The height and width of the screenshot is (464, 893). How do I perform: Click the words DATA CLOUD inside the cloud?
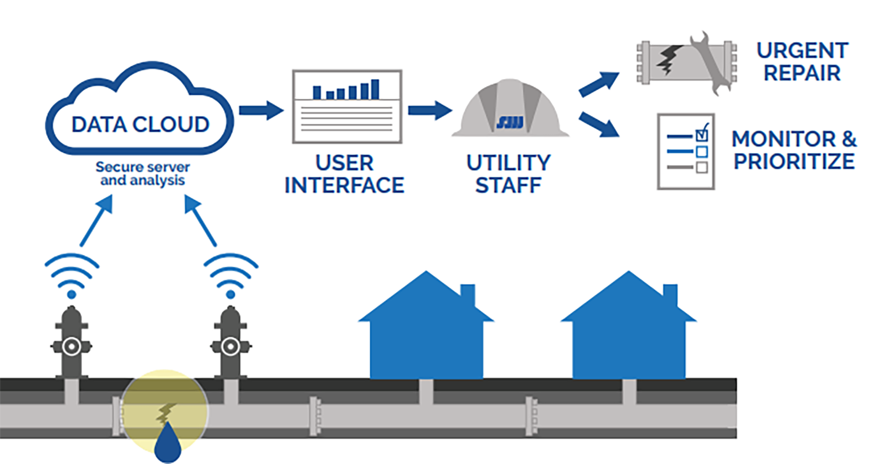click(x=140, y=124)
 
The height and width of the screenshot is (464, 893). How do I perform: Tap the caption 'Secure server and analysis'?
click(x=142, y=173)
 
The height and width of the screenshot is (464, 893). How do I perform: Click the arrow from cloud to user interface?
click(x=261, y=110)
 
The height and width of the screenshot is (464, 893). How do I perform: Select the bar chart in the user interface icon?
click(x=346, y=90)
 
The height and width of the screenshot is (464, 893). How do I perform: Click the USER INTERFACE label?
click(x=344, y=174)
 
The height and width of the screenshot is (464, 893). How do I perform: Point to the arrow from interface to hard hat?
click(x=429, y=110)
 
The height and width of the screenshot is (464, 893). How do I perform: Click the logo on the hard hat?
click(x=510, y=122)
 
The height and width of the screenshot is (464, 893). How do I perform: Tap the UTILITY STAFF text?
click(x=508, y=174)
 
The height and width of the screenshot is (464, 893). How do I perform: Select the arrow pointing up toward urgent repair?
click(x=599, y=84)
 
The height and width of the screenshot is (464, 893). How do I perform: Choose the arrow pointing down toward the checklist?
click(x=599, y=124)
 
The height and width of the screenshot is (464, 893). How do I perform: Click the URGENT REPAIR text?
click(x=802, y=62)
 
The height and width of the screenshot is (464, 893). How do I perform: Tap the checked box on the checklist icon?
click(x=702, y=134)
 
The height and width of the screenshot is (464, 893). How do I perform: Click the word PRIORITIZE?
click(x=794, y=161)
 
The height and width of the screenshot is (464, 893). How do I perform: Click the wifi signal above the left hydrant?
click(x=72, y=275)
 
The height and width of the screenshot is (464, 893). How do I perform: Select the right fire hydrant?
click(x=230, y=342)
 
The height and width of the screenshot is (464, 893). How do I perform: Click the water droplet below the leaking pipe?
click(x=167, y=443)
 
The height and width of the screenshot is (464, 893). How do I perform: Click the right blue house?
click(x=629, y=333)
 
